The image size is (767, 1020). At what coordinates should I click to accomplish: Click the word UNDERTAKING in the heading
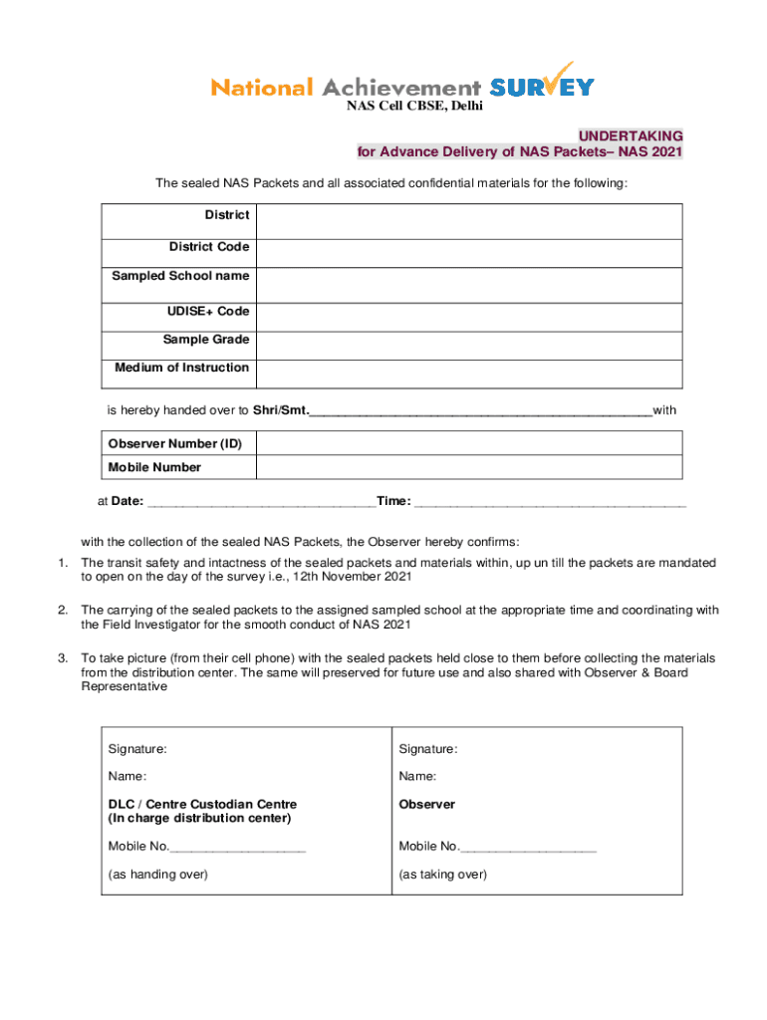click(x=631, y=135)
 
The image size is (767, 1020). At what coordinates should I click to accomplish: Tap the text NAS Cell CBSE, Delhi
click(x=413, y=108)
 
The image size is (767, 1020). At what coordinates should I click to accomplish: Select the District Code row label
click(x=208, y=247)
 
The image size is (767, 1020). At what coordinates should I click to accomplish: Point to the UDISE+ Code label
click(x=208, y=312)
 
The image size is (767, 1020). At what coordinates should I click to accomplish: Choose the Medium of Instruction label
click(x=181, y=368)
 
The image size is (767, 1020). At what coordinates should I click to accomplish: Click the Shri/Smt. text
click(x=281, y=410)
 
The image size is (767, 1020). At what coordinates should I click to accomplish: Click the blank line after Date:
click(x=261, y=503)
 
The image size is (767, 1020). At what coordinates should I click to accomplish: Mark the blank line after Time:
click(x=550, y=503)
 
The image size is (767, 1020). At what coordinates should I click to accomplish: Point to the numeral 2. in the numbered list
click(x=62, y=610)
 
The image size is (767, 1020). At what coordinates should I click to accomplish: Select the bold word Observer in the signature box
click(x=426, y=804)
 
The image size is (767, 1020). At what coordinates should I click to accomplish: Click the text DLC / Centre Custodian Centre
click(x=202, y=804)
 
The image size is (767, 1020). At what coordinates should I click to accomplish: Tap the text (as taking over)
click(x=442, y=875)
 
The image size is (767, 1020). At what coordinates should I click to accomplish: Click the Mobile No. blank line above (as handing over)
click(x=238, y=849)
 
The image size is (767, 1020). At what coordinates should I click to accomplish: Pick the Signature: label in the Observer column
click(x=427, y=748)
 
